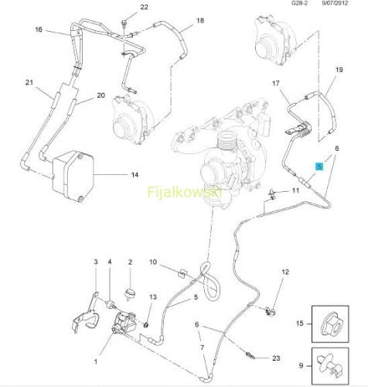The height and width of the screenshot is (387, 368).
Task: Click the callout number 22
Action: point(144,7)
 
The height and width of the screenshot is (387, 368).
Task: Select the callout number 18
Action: point(200,20)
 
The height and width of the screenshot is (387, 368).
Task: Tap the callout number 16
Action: point(39,29)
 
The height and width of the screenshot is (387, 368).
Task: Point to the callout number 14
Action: point(135,175)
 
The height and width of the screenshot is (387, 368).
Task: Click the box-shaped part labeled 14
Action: point(73,176)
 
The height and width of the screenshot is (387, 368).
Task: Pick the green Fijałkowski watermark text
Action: point(185,192)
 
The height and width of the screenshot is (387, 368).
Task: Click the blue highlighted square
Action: point(319,166)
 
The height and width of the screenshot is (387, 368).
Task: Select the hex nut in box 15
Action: point(332,324)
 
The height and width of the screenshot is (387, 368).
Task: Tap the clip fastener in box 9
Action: point(330,365)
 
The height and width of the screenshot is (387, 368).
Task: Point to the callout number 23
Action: point(276,358)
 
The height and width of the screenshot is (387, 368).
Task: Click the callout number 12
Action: point(285,272)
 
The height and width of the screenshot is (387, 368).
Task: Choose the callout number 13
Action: point(153,297)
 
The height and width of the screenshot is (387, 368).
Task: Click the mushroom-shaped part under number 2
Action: point(130,294)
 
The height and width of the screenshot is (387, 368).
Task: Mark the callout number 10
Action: point(153,262)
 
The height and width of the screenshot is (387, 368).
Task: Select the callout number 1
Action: point(96,361)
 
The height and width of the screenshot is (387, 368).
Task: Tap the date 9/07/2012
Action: point(335,3)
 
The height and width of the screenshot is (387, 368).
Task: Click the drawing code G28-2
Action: point(299,3)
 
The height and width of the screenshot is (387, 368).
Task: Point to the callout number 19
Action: point(339,70)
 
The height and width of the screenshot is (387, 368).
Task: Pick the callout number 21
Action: point(29,82)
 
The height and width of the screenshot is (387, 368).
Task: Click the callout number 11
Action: point(295,190)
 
